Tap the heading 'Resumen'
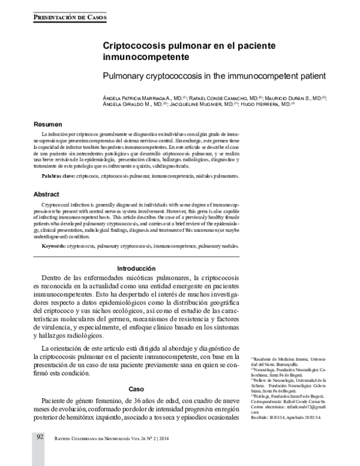pyautogui.click(x=46, y=124)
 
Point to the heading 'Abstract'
pyautogui.click(x=46, y=195)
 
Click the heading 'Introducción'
pyautogui.click(x=136, y=268)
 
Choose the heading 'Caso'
pyautogui.click(x=136, y=389)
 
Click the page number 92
pyautogui.click(x=39, y=453)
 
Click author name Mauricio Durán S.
pyautogui.click(x=296, y=96)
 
